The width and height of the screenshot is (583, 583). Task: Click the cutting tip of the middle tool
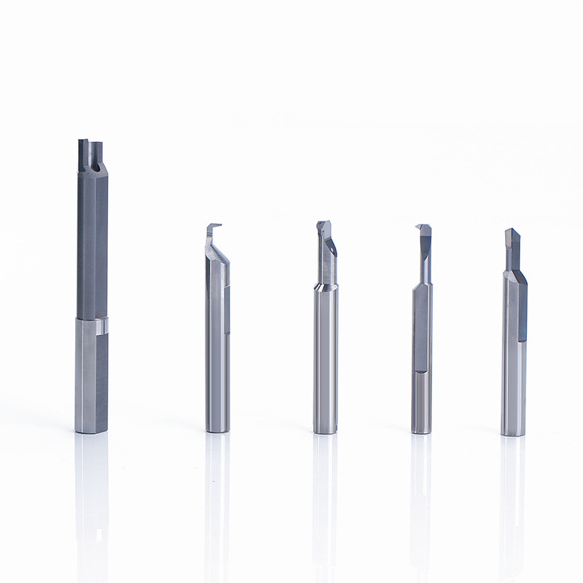point(323,226)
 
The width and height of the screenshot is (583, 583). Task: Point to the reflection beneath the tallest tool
point(92,496)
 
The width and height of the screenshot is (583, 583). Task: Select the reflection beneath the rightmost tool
point(512,496)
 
